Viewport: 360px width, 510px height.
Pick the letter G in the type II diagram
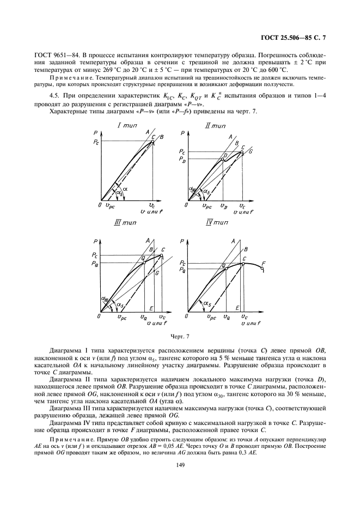251,151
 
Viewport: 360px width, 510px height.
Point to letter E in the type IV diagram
237,307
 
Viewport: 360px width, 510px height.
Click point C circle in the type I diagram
153,142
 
